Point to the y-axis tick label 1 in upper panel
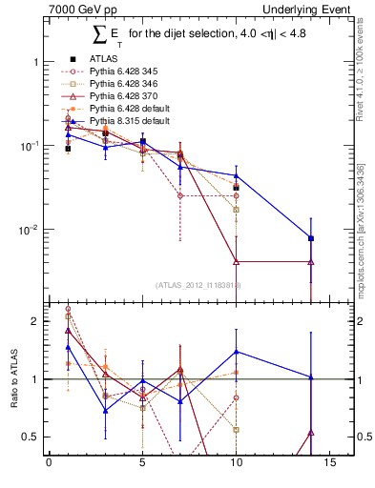pos(35,62)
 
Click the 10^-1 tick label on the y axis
pos(31,146)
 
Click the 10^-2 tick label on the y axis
pos(31,230)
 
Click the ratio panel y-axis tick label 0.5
pos(31,437)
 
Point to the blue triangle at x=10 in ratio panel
pos(237,352)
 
